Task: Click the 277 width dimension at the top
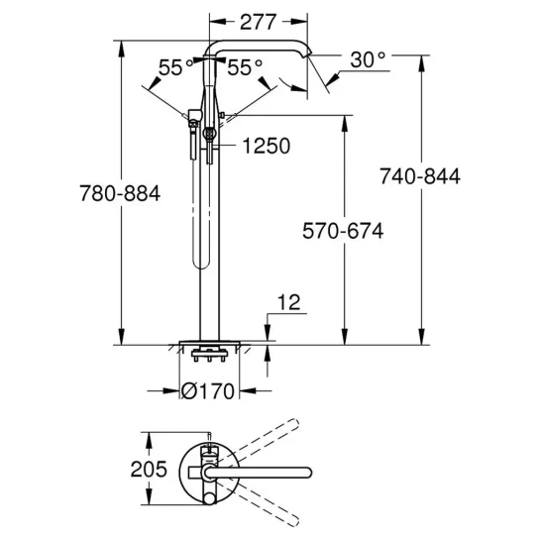258,22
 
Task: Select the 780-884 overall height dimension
120,193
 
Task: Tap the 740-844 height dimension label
420,176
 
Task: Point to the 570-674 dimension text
343,231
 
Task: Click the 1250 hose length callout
267,146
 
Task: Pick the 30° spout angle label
368,59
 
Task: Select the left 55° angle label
175,67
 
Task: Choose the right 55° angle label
245,67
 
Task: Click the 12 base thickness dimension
288,302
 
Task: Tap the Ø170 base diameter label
208,391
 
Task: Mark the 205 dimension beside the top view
149,469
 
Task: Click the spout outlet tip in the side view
308,54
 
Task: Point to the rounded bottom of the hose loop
201,265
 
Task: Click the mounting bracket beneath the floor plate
209,355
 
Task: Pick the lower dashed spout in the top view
256,503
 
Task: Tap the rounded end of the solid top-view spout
307,473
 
